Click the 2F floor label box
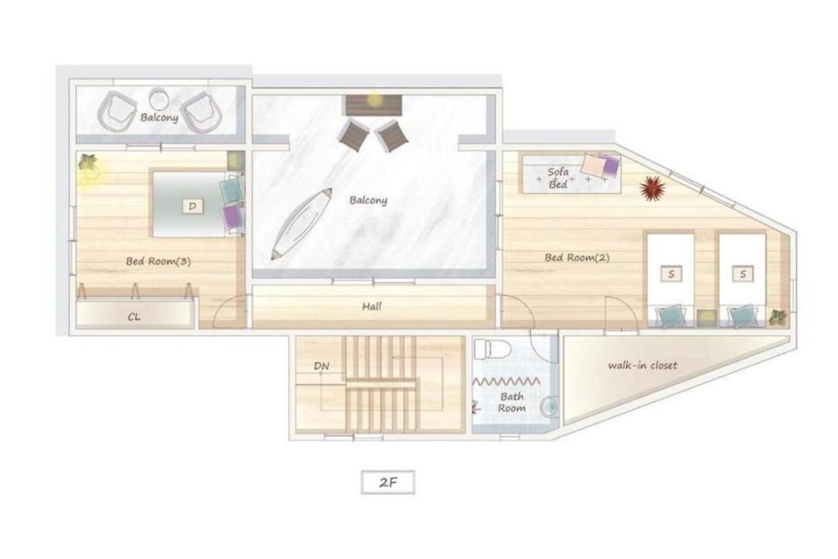[x=388, y=482]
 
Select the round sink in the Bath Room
[x=549, y=408]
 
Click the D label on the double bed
[x=192, y=206]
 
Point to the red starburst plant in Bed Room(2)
[x=653, y=189]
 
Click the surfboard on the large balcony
[x=301, y=224]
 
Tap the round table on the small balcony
[x=159, y=99]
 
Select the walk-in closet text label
[x=642, y=366]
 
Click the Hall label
[x=372, y=307]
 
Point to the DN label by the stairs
[x=321, y=366]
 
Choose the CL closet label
[x=133, y=317]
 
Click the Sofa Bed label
[x=558, y=178]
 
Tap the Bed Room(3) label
[x=158, y=262]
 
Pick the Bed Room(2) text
[x=577, y=258]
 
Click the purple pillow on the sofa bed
[x=611, y=165]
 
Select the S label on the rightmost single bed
[x=743, y=274]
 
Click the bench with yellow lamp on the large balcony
[x=373, y=105]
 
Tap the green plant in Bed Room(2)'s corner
[x=778, y=318]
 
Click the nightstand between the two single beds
[x=706, y=318]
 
